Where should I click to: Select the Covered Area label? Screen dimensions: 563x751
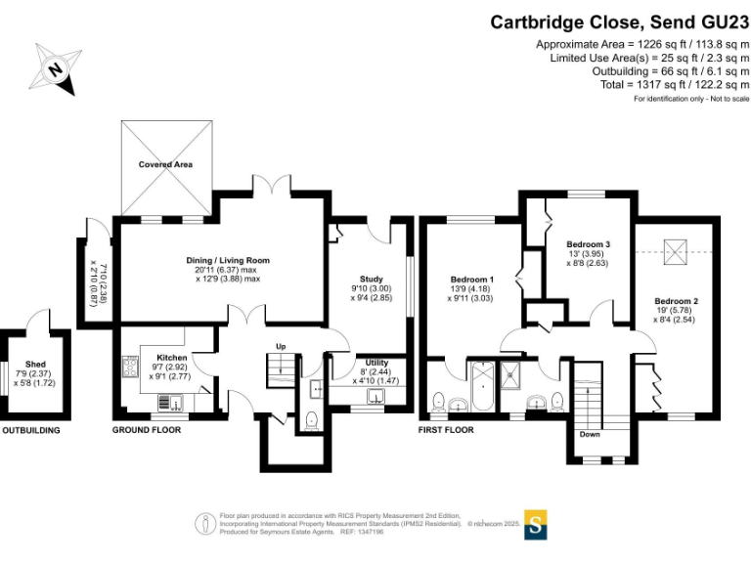165,165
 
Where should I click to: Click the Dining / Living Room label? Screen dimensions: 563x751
228,261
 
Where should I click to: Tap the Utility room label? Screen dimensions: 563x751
376,363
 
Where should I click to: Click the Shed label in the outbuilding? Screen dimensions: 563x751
36,364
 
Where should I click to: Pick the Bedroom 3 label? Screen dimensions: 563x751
589,244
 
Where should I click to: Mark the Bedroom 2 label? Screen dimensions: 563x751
676,301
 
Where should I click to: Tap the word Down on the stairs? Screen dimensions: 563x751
590,435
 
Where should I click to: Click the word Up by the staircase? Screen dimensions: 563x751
281,347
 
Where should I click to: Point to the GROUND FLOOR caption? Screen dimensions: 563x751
144,430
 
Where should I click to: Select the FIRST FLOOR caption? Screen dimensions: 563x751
446,430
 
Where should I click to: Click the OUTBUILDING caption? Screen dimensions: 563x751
30,430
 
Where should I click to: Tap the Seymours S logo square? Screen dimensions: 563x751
535,524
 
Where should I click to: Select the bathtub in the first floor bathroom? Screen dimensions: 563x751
483,389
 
